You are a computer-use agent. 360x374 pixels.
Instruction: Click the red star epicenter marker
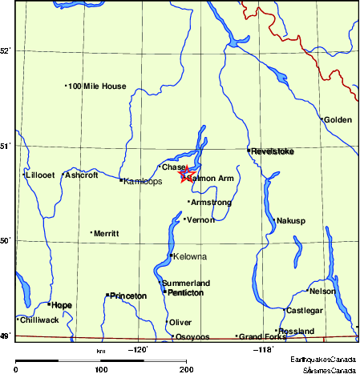(x=186, y=173)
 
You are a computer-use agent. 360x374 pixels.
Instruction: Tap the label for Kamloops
(x=143, y=182)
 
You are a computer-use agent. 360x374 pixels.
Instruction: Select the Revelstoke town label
(x=273, y=151)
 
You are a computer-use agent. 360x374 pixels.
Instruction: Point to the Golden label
(x=338, y=120)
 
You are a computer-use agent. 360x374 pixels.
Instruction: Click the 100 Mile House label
(x=97, y=86)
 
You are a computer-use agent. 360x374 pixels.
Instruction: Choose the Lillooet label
(x=39, y=175)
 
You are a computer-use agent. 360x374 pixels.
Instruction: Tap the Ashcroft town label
(x=81, y=175)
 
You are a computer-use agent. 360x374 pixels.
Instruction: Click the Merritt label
(x=106, y=233)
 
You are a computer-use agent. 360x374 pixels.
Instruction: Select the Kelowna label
(x=189, y=256)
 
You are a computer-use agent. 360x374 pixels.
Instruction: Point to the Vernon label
(x=200, y=219)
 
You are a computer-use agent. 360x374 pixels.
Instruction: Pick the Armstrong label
(x=211, y=203)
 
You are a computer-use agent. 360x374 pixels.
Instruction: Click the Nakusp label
(x=290, y=220)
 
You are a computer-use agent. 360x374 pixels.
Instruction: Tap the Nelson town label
(x=322, y=291)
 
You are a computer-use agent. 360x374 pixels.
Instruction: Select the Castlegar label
(x=304, y=310)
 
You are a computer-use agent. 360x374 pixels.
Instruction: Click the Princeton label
(x=128, y=296)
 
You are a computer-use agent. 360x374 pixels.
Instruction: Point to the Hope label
(x=62, y=305)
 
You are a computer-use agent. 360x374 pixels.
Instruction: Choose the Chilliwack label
(x=40, y=320)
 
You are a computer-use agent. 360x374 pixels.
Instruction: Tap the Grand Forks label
(x=263, y=336)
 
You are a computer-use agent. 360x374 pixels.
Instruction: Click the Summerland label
(x=186, y=283)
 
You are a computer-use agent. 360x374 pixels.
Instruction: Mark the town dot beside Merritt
(x=92, y=233)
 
